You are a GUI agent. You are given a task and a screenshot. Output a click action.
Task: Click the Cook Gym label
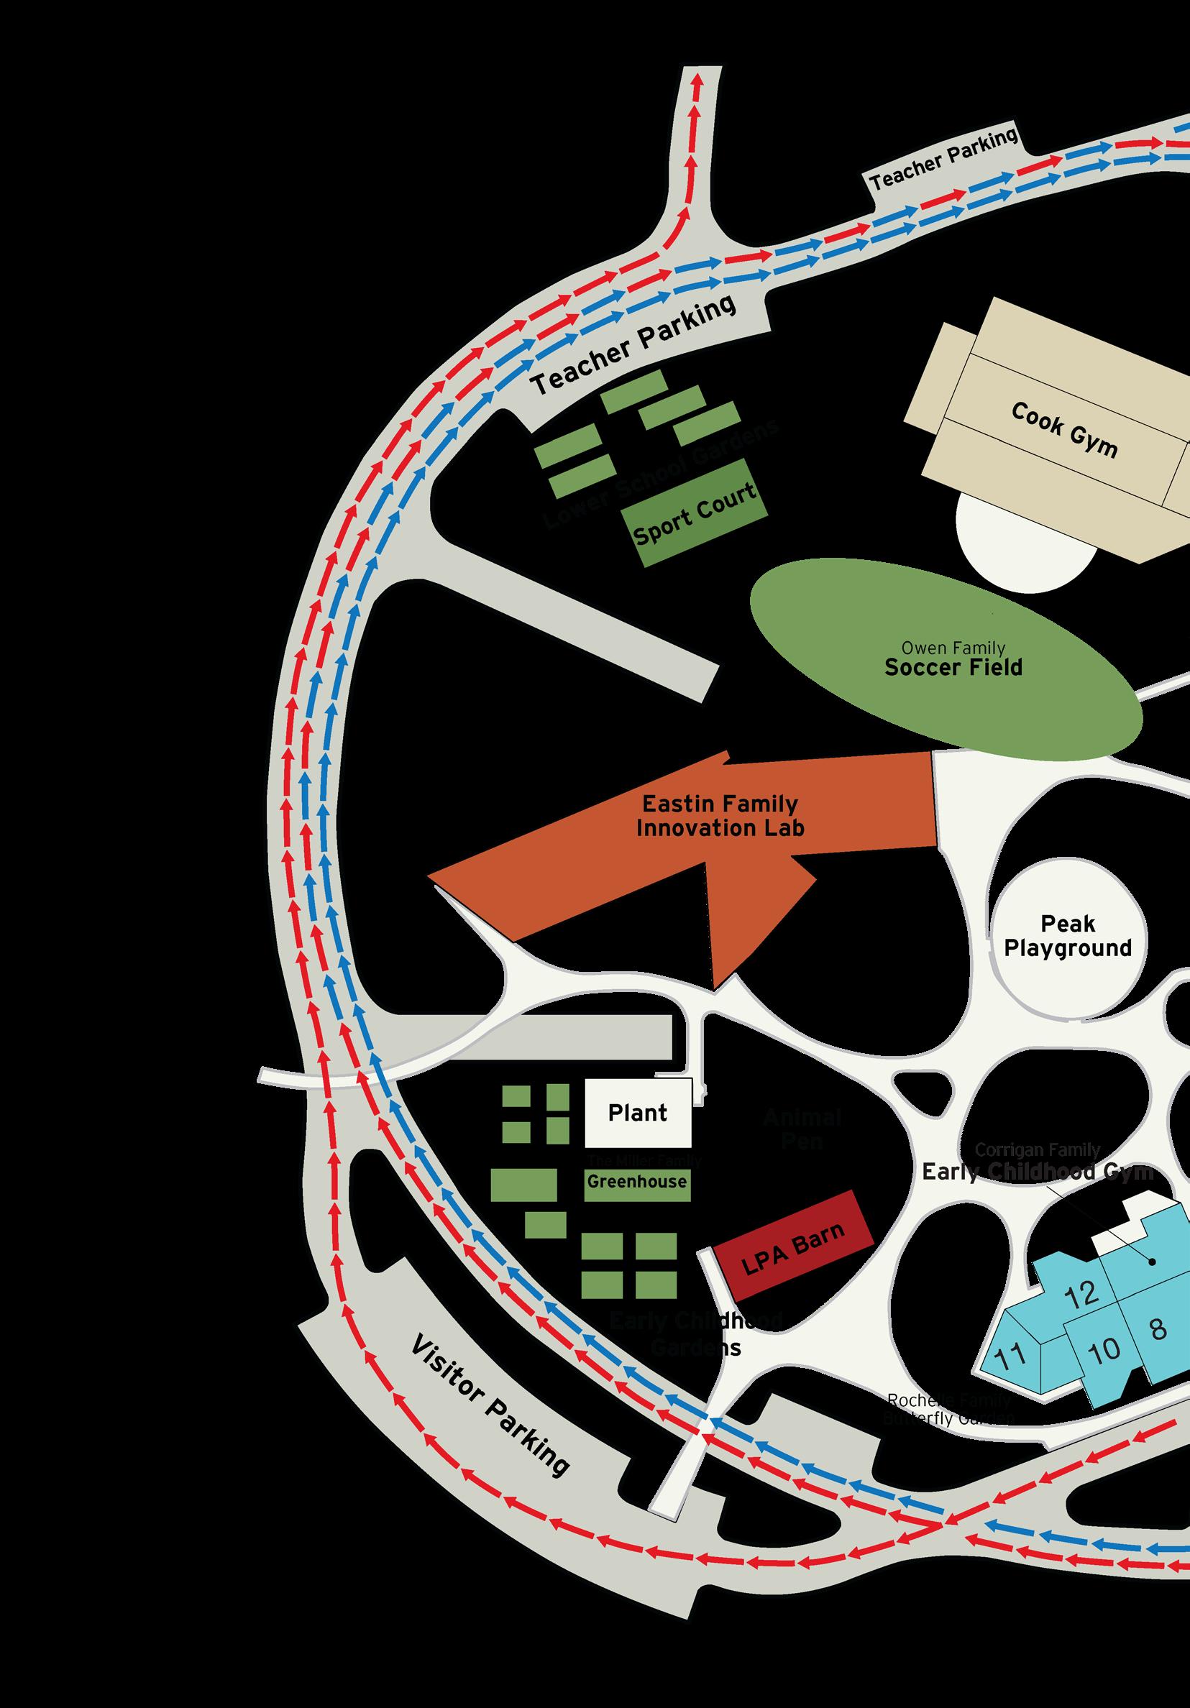coord(1064,429)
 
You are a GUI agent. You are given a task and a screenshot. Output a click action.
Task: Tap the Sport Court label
coord(694,513)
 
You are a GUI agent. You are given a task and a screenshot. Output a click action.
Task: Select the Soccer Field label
coord(953,667)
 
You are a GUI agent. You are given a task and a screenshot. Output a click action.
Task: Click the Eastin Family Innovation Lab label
coord(720,815)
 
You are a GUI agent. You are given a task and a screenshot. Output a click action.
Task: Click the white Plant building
coord(638,1113)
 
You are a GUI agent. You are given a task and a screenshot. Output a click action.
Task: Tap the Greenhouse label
coord(636,1181)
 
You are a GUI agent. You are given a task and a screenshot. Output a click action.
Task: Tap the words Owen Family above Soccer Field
coord(953,648)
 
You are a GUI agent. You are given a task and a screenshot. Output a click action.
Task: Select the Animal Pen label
coord(802,1128)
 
